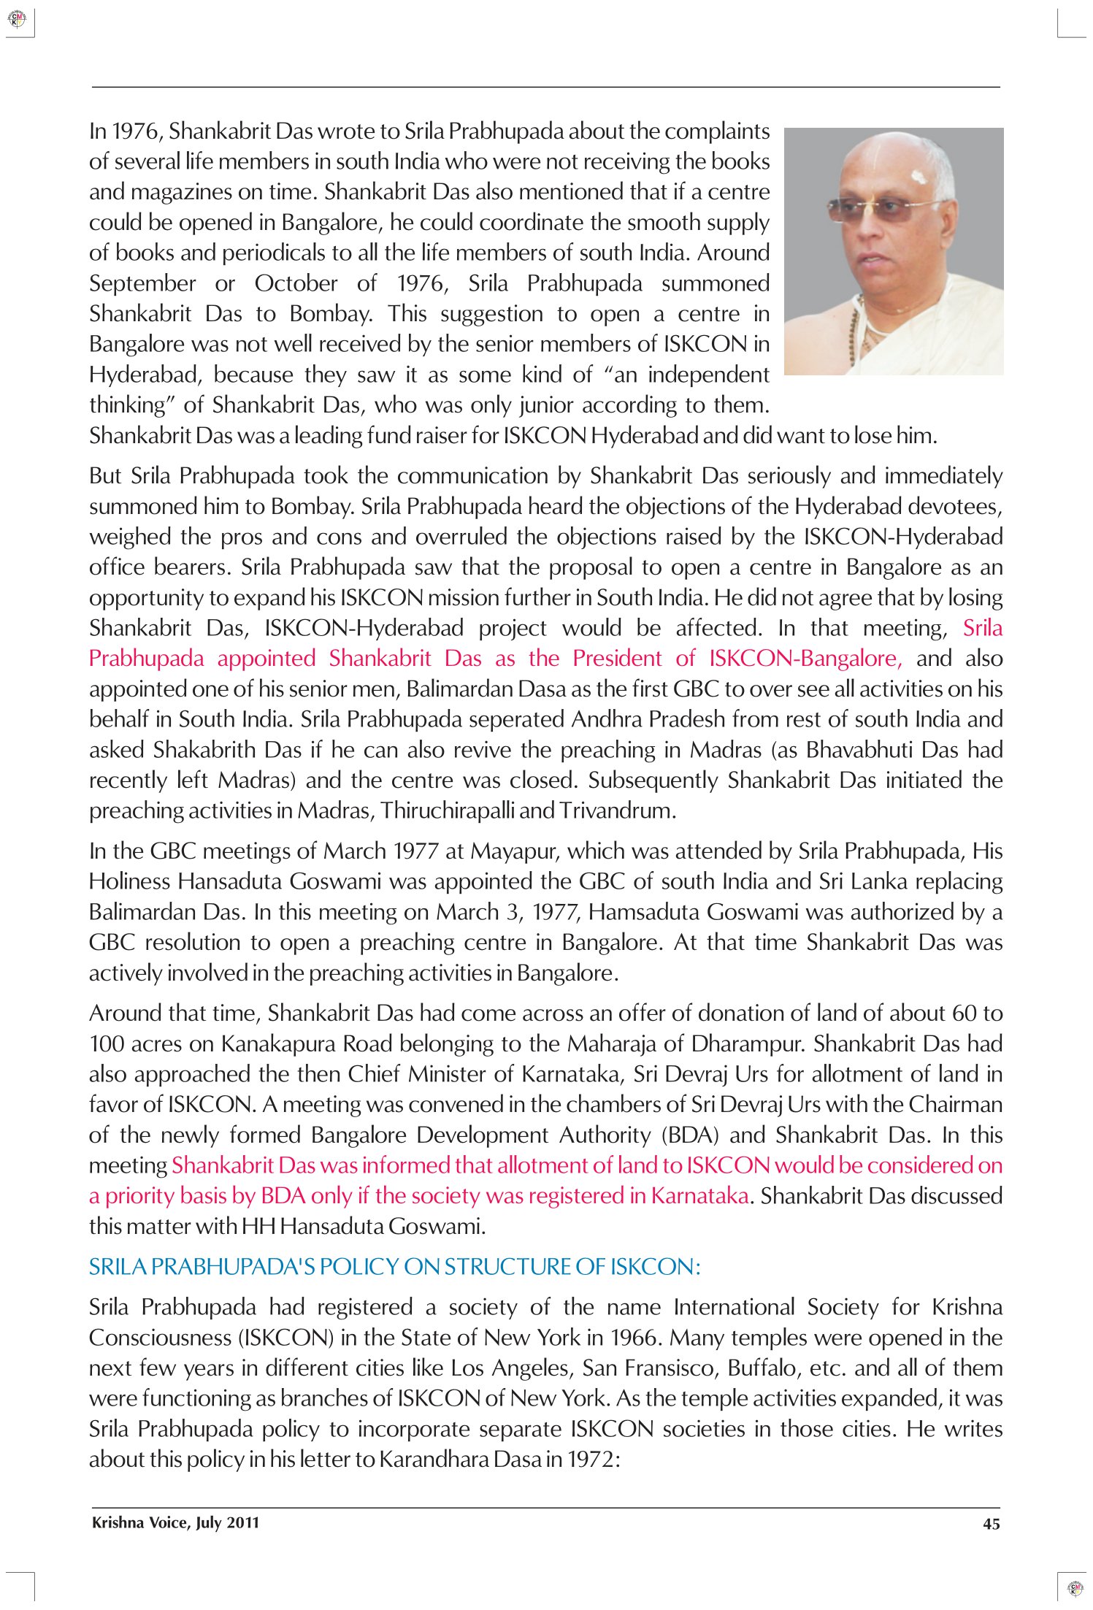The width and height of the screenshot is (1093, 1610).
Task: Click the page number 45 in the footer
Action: [991, 1524]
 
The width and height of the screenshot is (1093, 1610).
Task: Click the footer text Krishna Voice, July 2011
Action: [175, 1522]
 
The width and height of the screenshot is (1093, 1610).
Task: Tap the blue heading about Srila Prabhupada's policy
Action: [394, 1267]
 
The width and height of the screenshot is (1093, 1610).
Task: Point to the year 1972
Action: [592, 1459]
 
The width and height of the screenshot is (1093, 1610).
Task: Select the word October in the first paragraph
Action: [296, 283]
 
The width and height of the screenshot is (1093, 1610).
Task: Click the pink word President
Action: [618, 659]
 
